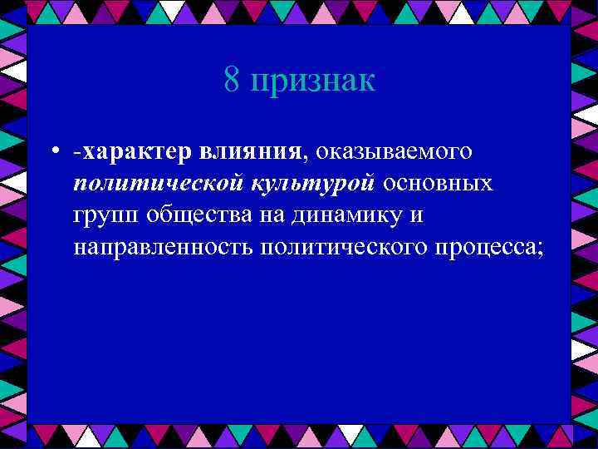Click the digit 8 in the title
tap(232, 81)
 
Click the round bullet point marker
tap(52, 152)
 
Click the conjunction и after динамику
tap(419, 215)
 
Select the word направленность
tap(163, 247)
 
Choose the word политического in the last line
tap(338, 247)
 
